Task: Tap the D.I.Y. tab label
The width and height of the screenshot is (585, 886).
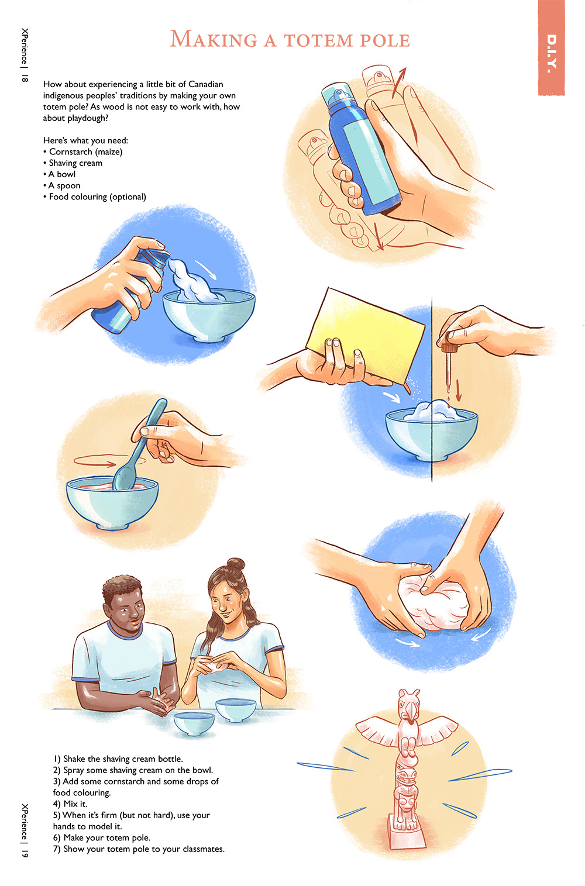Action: point(552,53)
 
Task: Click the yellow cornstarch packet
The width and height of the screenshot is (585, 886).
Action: point(366,336)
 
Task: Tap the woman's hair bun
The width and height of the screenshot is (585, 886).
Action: point(236,564)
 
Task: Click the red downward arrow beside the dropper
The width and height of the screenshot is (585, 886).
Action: point(459,390)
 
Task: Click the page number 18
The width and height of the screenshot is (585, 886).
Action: point(25,78)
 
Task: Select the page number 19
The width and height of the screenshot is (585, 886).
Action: point(25,853)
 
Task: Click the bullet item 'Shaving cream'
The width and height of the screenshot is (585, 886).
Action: point(75,163)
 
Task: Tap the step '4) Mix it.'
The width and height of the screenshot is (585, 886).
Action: point(70,804)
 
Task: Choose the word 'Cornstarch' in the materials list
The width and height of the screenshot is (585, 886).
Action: point(70,152)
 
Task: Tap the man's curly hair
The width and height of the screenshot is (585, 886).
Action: point(122,586)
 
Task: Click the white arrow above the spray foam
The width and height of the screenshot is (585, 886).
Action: point(206,269)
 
